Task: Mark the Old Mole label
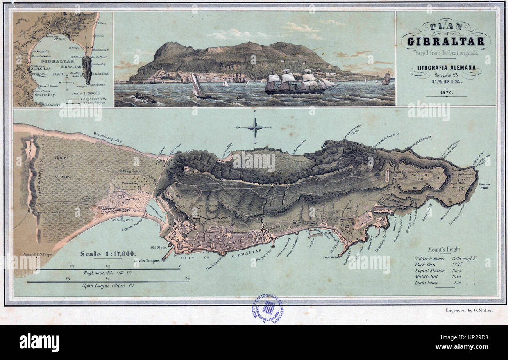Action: [x=159, y=247]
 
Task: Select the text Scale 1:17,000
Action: [x=108, y=254]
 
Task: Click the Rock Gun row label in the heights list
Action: [x=425, y=264]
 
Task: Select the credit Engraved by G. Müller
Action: [x=469, y=310]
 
